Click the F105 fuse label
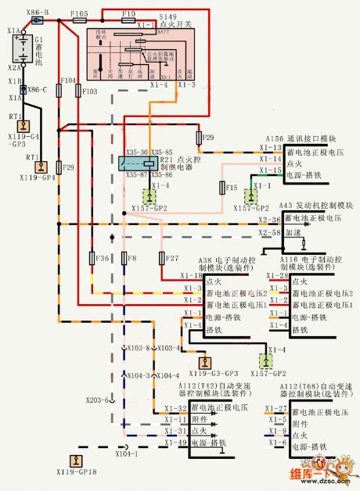pyautogui.click(x=79, y=14)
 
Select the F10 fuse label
pyautogui.click(x=129, y=14)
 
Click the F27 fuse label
pyautogui.click(x=172, y=257)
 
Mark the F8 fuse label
pyautogui.click(x=131, y=257)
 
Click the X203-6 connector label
pyautogui.click(x=96, y=400)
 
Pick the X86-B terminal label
pyautogui.click(x=37, y=13)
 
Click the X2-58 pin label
pyautogui.click(x=269, y=233)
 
